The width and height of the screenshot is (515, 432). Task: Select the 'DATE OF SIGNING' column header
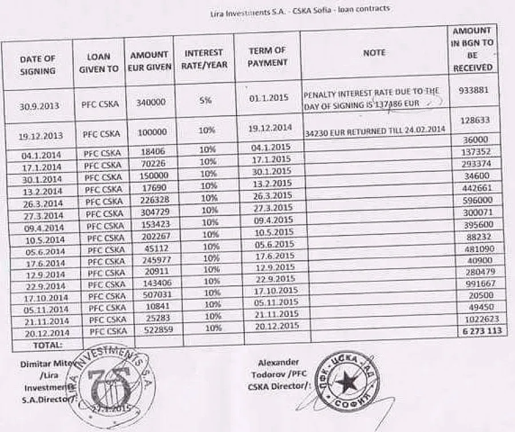(x=38, y=65)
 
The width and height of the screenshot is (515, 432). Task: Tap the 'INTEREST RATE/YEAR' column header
(x=204, y=58)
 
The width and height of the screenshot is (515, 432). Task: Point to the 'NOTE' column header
(x=374, y=52)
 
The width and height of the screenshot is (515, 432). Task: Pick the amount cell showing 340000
(x=152, y=102)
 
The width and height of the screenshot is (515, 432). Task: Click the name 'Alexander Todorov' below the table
(x=278, y=368)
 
